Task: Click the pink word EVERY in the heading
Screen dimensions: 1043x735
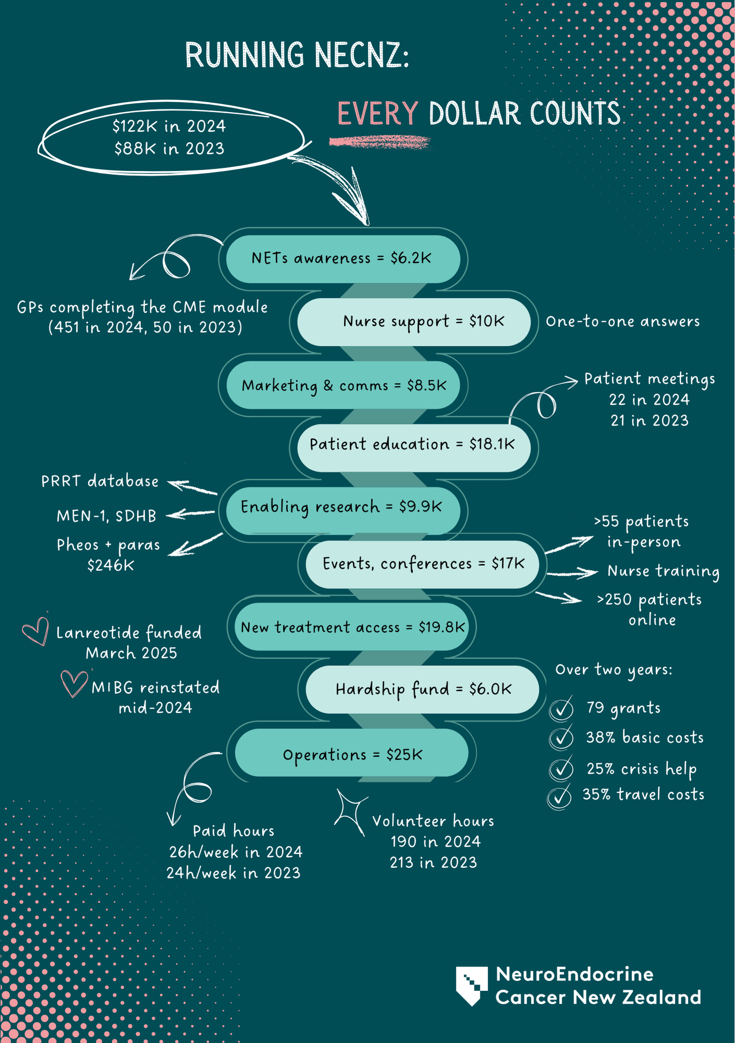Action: pyautogui.click(x=378, y=114)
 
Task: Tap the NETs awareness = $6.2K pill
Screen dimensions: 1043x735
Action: pyautogui.click(x=342, y=259)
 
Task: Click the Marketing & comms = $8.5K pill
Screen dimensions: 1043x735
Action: pyautogui.click(x=343, y=385)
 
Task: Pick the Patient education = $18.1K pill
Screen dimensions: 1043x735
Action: pyautogui.click(x=413, y=445)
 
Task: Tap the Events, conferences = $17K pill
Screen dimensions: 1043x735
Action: pyautogui.click(x=423, y=564)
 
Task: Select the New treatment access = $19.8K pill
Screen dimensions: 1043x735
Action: pyautogui.click(x=352, y=627)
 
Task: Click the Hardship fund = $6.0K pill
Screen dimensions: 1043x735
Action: pyautogui.click(x=423, y=689)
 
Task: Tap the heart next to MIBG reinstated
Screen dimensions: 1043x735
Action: pyautogui.click(x=74, y=683)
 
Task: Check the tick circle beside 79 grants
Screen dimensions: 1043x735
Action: pyautogui.click(x=561, y=708)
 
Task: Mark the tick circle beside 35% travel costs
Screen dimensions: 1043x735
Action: pyautogui.click(x=559, y=796)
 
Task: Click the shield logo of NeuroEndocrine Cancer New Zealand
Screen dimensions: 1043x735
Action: pyautogui.click(x=472, y=985)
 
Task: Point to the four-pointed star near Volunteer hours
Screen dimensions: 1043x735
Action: pyautogui.click(x=351, y=812)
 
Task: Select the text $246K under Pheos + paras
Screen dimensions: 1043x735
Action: pyautogui.click(x=111, y=565)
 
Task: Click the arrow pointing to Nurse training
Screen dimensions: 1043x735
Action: pyautogui.click(x=572, y=574)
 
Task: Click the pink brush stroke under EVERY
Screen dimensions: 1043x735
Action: pyautogui.click(x=379, y=142)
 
